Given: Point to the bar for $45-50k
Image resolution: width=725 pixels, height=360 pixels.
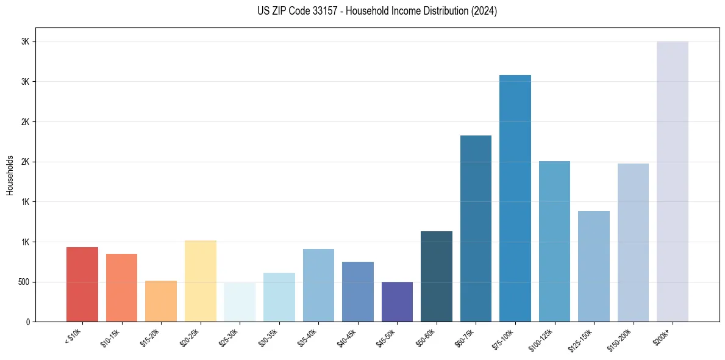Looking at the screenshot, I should pos(397,301).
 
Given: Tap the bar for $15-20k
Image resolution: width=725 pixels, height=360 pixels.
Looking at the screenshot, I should pos(161,301).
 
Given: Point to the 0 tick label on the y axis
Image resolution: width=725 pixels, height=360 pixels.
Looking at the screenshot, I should pos(28,322).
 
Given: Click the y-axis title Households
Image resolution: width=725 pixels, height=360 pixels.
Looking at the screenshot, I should pos(10,175).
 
